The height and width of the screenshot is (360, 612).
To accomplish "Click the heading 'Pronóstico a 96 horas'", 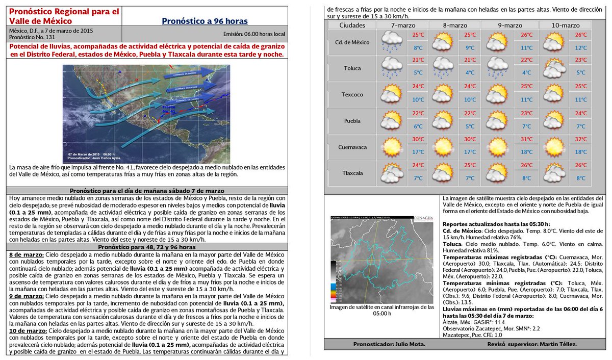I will (x=205, y=21).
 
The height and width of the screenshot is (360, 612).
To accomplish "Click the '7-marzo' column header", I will (x=402, y=25).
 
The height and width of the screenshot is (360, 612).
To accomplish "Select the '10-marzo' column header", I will (x=566, y=25).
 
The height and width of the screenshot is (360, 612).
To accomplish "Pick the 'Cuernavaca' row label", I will (x=351, y=147).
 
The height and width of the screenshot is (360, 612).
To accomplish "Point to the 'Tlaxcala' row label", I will (x=351, y=173).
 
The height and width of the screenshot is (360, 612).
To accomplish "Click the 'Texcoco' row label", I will (x=351, y=94).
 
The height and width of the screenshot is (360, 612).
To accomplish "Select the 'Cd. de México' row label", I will (x=351, y=42).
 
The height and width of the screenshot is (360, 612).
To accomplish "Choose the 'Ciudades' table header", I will (x=351, y=25).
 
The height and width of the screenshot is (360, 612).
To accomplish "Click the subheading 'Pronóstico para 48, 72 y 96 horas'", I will (x=147, y=247).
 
